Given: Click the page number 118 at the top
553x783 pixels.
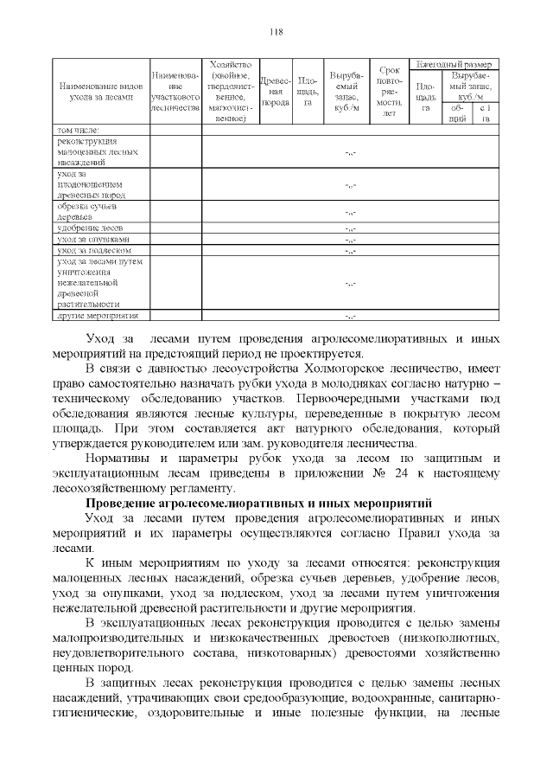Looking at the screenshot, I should click(276, 32).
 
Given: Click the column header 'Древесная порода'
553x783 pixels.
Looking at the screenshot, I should click(275, 92).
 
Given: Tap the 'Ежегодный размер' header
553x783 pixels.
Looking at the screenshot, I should click(454, 65).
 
